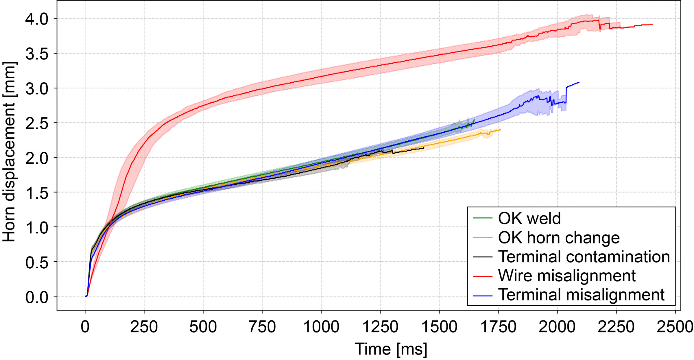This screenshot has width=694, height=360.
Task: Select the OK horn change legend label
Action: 559,238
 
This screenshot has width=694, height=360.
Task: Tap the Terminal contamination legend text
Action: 584,257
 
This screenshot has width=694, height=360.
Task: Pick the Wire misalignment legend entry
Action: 567,276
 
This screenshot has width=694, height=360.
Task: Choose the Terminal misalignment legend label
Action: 581,295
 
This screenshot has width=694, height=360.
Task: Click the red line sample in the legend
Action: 483,276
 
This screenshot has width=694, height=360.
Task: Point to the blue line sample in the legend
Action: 483,296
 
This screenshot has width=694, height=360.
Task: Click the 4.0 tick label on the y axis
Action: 37,19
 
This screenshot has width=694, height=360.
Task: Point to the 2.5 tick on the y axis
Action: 37,123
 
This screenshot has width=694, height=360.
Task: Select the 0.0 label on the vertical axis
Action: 37,297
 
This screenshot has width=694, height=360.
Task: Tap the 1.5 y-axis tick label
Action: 37,193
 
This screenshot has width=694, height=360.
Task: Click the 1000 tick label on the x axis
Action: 321,327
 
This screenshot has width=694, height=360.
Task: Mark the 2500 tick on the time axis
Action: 675,327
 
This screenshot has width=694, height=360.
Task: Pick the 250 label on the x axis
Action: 144,327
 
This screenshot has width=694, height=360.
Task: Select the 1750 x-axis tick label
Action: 498,327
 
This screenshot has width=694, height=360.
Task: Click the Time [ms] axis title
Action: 391,349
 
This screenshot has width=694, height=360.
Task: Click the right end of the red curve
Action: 652,24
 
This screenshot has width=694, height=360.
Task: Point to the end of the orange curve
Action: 500,130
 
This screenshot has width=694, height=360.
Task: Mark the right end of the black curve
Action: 424,148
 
